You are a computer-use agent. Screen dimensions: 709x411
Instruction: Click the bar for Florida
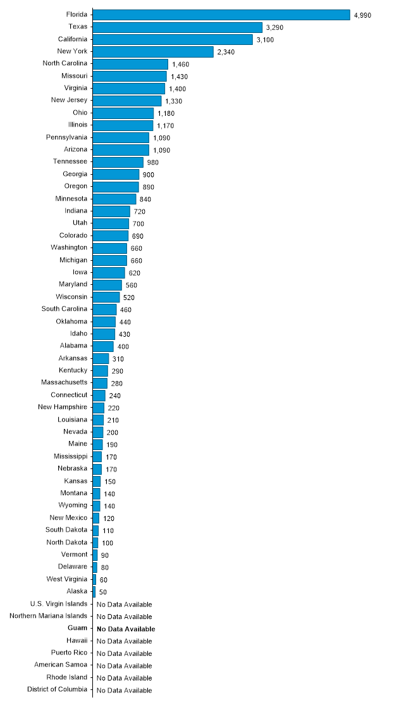pyautogui.click(x=221, y=15)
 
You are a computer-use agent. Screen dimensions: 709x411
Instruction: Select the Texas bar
pyautogui.click(x=178, y=27)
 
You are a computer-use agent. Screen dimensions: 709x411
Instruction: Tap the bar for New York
pyautogui.click(x=153, y=51)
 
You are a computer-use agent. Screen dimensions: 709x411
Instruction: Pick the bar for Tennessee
pyautogui.click(x=118, y=162)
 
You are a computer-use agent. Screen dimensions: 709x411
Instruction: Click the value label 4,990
pyautogui.click(x=362, y=15)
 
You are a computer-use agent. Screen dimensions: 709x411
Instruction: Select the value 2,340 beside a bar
pyautogui.click(x=226, y=52)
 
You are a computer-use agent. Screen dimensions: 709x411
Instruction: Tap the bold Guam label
pyautogui.click(x=77, y=629)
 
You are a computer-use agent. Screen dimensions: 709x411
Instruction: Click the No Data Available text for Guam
pyautogui.click(x=125, y=629)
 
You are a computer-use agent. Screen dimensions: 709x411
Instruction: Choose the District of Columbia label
pyautogui.click(x=58, y=690)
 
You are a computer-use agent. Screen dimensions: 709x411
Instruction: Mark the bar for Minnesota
pyautogui.click(x=114, y=199)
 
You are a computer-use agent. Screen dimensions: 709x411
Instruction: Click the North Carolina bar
pyautogui.click(x=130, y=64)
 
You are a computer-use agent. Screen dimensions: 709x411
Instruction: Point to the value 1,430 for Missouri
pyautogui.click(x=180, y=77)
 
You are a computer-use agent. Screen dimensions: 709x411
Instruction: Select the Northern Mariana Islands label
pyautogui.click(x=49, y=616)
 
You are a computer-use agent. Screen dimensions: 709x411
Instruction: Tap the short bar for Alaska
pyautogui.click(x=94, y=591)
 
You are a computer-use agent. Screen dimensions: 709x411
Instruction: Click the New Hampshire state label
pyautogui.click(x=62, y=407)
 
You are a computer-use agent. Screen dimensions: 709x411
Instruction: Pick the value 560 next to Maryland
pyautogui.click(x=132, y=285)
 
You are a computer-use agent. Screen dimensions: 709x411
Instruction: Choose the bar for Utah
pyautogui.click(x=111, y=223)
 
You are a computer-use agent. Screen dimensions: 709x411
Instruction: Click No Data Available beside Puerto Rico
pyautogui.click(x=124, y=653)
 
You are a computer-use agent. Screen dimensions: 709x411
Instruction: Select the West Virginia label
pyautogui.click(x=67, y=579)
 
